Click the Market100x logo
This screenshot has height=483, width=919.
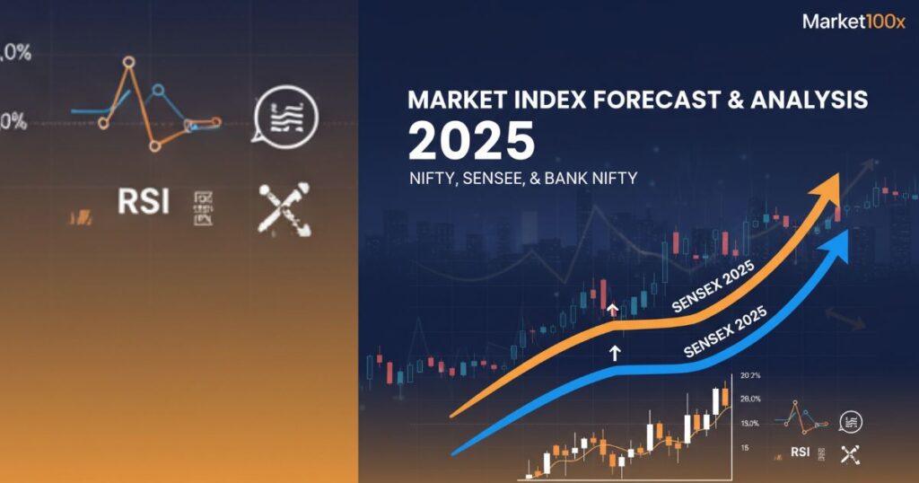(853, 22)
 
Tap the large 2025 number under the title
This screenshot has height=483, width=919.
(471, 141)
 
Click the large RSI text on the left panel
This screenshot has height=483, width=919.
(144, 201)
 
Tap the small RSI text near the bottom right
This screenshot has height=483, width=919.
(801, 452)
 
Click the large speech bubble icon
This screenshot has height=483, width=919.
(285, 115)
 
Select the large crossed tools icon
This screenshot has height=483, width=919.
(284, 209)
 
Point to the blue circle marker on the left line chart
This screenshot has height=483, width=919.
(158, 90)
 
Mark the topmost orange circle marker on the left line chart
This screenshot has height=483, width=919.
(129, 62)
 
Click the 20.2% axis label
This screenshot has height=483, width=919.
(750, 376)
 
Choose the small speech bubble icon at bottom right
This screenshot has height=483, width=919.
(849, 420)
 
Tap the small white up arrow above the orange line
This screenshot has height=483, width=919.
(613, 310)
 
